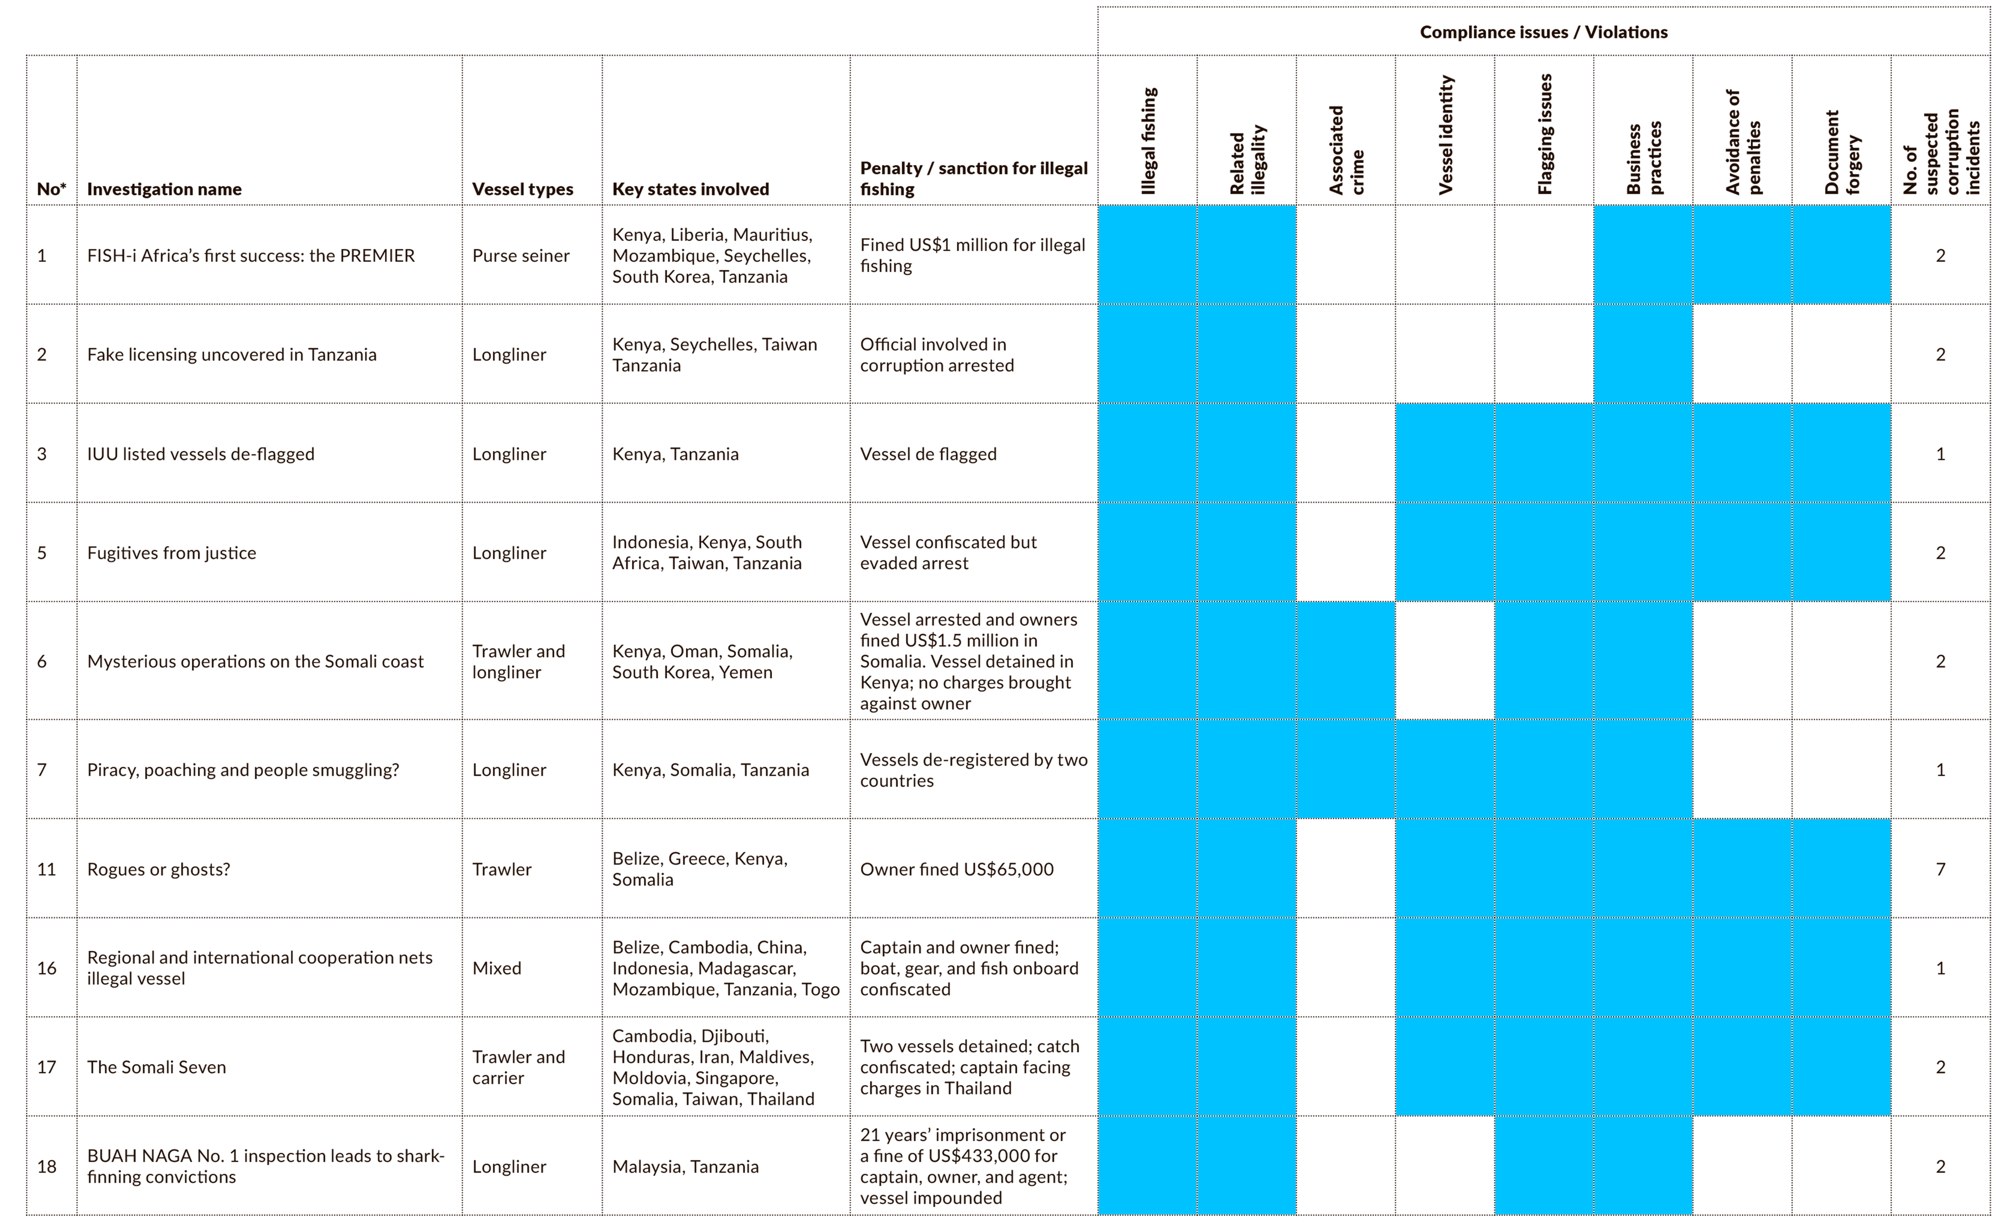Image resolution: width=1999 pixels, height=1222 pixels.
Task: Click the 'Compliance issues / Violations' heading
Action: tap(1543, 32)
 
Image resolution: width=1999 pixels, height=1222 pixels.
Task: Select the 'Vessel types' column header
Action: tap(523, 189)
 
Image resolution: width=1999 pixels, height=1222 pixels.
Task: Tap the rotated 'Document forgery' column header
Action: tap(1842, 152)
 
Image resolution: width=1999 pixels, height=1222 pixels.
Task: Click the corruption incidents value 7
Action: tap(1941, 869)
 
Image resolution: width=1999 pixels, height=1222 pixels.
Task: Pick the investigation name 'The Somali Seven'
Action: tap(157, 1067)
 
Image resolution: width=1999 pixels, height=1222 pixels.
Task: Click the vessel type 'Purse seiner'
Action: tap(521, 256)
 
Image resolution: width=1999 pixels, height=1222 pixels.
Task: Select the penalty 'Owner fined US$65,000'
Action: tap(956, 869)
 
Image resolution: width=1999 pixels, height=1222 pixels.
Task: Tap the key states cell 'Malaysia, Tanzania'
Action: tap(686, 1166)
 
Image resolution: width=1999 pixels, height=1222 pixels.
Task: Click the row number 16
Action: tap(47, 968)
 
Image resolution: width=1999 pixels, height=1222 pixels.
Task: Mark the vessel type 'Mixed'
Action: tap(497, 968)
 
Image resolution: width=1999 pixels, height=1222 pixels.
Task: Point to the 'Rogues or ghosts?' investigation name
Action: tap(158, 869)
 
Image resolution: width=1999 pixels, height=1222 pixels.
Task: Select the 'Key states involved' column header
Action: tap(690, 189)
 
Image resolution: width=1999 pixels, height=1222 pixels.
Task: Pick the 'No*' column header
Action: tap(51, 189)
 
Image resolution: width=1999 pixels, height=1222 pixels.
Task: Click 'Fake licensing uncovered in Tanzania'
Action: tap(231, 354)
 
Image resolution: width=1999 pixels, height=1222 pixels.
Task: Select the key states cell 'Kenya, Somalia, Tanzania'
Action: tap(710, 770)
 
